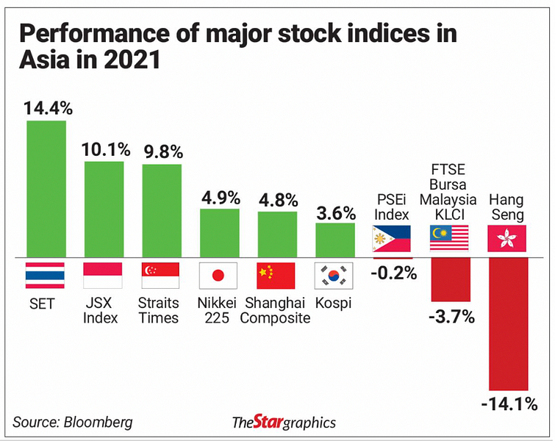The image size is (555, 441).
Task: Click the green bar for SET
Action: point(46,188)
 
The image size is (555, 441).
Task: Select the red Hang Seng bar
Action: point(508,323)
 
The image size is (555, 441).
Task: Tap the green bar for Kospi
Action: point(335,240)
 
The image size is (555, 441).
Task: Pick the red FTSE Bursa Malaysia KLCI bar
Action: point(450,279)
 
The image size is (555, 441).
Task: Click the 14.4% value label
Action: point(48,108)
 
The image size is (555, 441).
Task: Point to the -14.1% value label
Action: point(508,404)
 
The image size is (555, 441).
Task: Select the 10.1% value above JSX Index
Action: point(104,149)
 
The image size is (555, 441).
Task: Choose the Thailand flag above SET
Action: point(46,276)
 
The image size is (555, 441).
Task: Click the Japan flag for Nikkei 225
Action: point(218,276)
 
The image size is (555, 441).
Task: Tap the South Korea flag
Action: point(334,276)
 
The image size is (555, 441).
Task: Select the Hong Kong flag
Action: point(507,240)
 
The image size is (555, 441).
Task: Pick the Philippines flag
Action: point(393,240)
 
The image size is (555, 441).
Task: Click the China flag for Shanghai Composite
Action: point(276,276)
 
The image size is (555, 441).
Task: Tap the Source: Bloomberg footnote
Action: point(73,422)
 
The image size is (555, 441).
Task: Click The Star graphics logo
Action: point(284,422)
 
